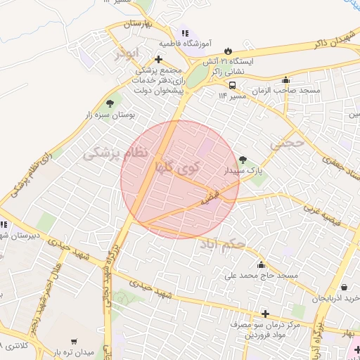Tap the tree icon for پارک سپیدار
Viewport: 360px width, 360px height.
coord(243,160)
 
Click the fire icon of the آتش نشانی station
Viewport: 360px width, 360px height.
coord(229,50)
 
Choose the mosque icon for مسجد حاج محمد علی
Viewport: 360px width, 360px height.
coord(262,264)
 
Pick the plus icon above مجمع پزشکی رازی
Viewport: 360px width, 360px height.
coord(161,60)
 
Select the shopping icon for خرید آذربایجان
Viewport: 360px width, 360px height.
coord(344,287)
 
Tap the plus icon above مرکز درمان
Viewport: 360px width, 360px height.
coord(264,314)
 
